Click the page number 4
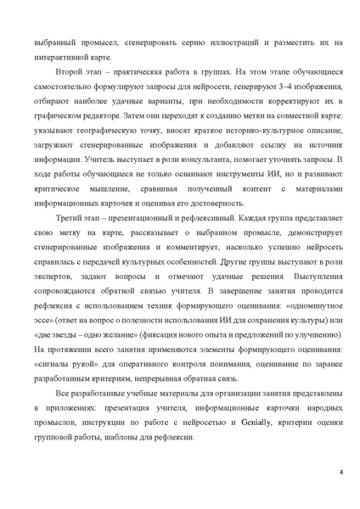coord(340,472)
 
